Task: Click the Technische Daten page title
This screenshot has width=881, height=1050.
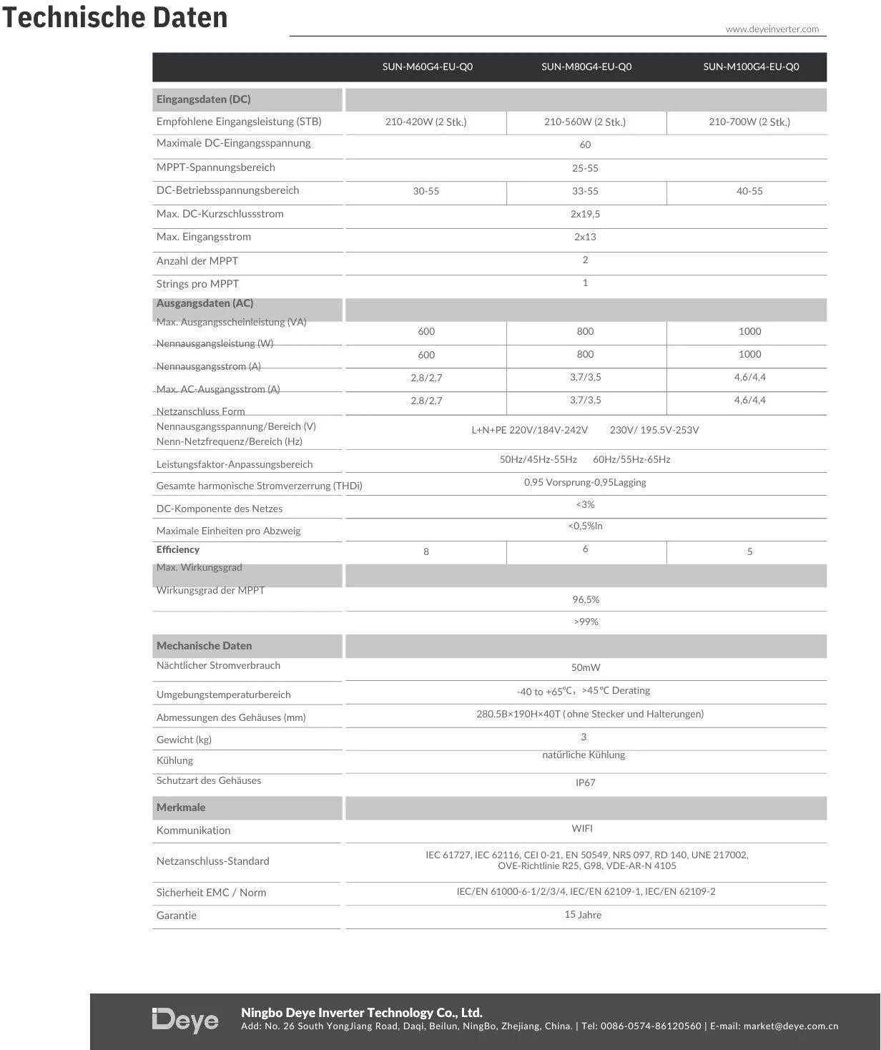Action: coord(114,17)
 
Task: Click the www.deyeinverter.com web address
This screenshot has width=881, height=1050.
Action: coord(772,29)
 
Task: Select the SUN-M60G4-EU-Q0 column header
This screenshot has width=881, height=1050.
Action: coord(427,67)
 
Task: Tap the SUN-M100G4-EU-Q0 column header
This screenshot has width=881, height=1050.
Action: coord(751,67)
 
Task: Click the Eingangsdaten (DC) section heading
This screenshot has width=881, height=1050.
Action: coord(203,99)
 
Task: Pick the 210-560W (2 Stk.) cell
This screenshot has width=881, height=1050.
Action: coord(585,122)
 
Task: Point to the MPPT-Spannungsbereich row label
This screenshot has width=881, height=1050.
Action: coord(215,167)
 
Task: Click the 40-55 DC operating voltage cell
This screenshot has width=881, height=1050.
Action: coord(749,192)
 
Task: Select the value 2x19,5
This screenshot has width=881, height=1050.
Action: coord(585,215)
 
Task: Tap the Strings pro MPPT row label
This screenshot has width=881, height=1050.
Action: coord(197,284)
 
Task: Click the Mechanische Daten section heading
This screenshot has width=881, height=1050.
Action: coord(204,646)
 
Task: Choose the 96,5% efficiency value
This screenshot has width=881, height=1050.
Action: coord(586,600)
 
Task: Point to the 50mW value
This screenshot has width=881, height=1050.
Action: coord(586,668)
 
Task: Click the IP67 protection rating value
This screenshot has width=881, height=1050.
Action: coord(586,783)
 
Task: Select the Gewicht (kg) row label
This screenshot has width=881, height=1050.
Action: coord(184,740)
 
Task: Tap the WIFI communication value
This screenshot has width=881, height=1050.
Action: coord(582,829)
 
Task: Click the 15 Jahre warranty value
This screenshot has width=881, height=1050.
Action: coord(583,916)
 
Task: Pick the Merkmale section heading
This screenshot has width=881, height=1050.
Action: coord(181,808)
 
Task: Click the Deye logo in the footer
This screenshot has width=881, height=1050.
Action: coord(185,1021)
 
